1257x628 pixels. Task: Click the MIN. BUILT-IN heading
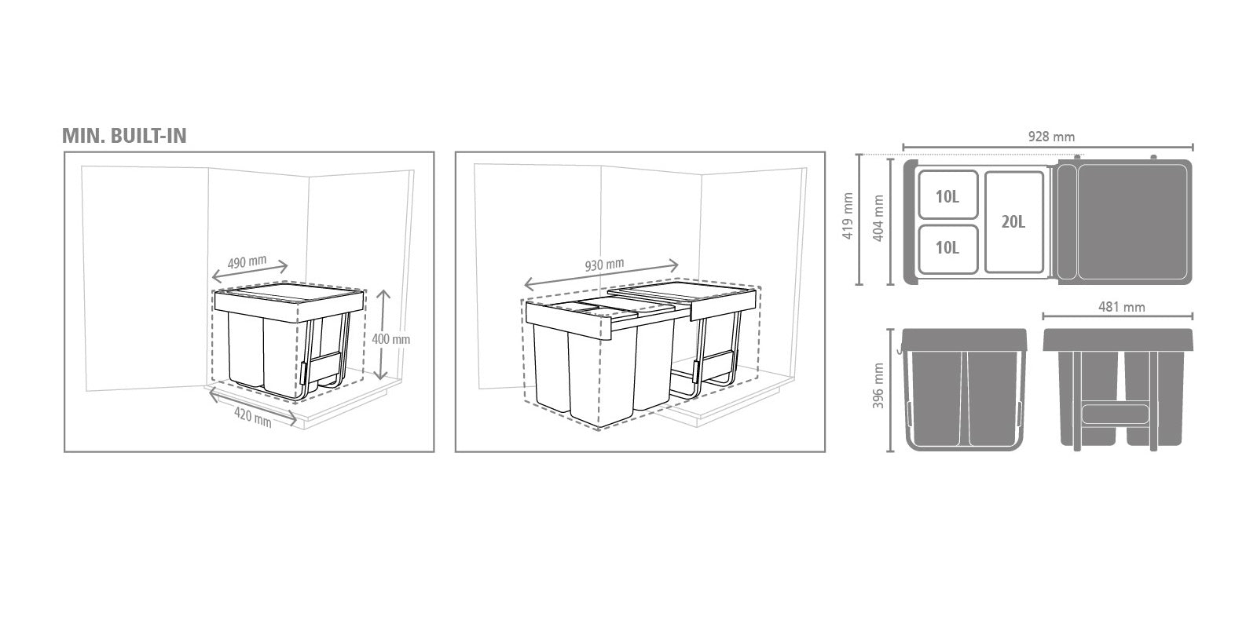124,136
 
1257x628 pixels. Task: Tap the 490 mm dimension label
247,261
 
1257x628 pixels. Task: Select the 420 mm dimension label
252,418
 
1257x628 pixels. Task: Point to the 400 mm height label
391,339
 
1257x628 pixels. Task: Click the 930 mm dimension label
604,264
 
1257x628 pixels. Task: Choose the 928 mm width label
1051,137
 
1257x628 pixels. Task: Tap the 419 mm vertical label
848,216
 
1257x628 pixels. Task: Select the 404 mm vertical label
878,218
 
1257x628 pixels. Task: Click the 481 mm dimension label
1121,307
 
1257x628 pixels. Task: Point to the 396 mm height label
878,385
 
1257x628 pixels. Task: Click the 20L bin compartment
1014,222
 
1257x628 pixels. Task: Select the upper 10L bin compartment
947,195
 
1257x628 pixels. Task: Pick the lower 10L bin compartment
947,249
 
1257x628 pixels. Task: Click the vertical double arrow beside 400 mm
383,335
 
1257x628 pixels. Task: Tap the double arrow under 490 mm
250,272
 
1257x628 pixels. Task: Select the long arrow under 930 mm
601,275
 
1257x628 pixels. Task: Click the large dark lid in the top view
1124,222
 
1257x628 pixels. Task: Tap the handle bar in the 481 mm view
1115,414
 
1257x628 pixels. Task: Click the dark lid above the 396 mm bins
964,340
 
